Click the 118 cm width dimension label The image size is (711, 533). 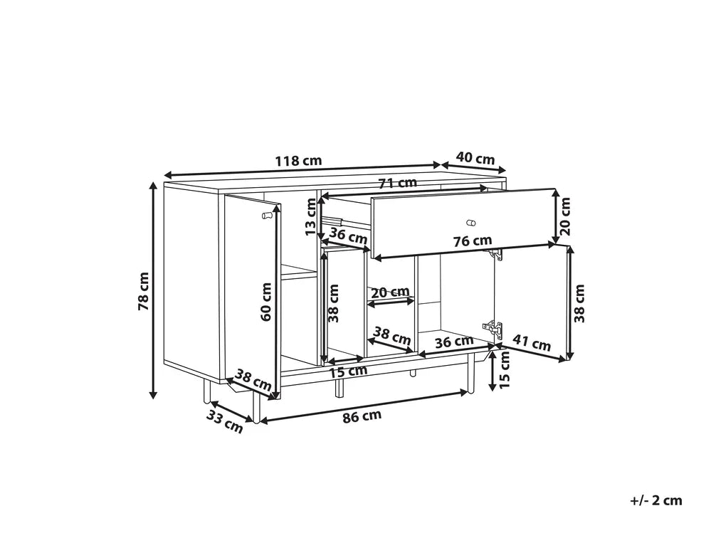point(298,160)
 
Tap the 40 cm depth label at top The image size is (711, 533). point(475,158)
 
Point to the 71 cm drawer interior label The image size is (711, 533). point(397,183)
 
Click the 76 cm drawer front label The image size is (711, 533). point(473,241)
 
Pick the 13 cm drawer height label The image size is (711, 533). point(310,216)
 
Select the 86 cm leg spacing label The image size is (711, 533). point(362,416)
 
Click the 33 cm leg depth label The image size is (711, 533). point(224,421)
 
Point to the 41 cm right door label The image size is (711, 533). point(532,342)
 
